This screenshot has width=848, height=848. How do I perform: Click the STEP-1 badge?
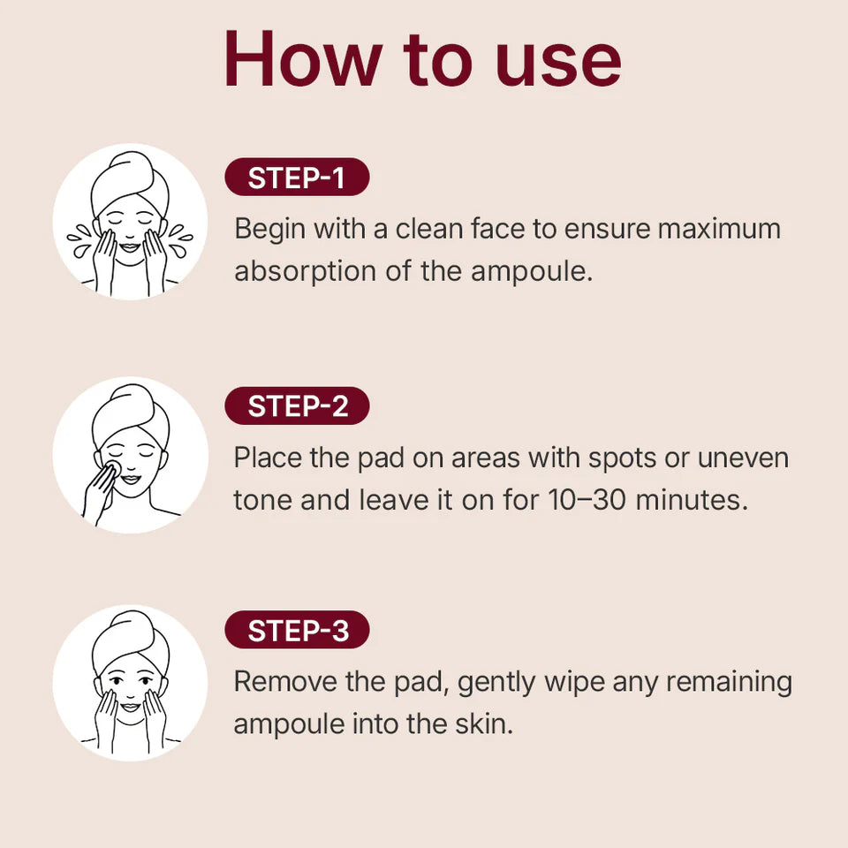297,178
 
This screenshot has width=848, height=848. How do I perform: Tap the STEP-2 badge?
297,406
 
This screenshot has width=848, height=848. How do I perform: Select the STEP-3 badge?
297,631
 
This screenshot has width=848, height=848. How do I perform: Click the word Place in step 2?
265,458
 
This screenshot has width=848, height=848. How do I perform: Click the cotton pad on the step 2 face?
113,467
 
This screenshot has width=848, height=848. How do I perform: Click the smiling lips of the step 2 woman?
131,480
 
